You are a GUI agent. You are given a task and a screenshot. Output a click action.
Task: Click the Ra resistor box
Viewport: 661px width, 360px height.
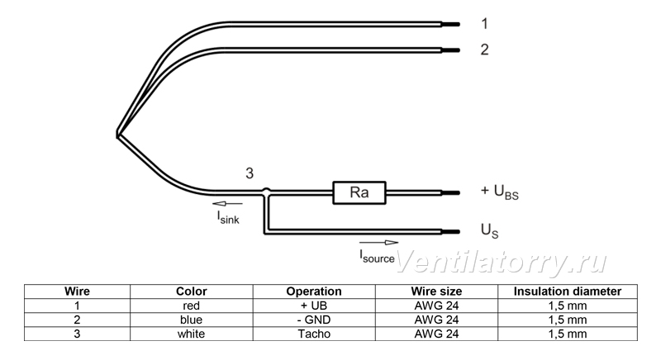pos(359,193)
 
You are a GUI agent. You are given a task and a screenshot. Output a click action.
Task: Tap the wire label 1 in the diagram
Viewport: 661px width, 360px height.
pos(485,24)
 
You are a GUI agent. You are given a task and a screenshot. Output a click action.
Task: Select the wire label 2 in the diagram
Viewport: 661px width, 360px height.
pos(485,50)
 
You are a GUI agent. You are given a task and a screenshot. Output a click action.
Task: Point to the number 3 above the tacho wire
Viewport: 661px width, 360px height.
pos(250,173)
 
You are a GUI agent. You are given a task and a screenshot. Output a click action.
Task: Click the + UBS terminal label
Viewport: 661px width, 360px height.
pos(500,192)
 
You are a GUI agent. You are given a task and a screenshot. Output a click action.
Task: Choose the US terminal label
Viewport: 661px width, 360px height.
pos(489,230)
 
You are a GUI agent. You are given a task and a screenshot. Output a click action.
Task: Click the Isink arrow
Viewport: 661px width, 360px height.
pos(227,204)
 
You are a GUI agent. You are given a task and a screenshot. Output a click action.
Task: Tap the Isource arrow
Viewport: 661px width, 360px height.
pos(378,243)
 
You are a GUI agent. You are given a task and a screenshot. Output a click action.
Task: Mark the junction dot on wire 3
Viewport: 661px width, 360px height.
pos(266,192)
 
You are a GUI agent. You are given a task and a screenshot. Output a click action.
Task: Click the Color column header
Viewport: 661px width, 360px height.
pos(192,291)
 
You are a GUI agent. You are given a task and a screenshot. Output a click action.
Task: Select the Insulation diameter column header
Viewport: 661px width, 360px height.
pos(568,291)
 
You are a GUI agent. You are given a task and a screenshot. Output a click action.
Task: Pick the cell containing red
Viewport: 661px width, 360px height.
pos(192,306)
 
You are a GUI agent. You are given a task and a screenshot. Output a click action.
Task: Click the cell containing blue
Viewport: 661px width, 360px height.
pos(192,320)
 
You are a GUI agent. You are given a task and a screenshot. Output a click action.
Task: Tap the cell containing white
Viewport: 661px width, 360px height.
pos(192,334)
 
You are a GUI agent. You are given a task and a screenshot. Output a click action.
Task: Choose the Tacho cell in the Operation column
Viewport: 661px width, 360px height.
pos(314,334)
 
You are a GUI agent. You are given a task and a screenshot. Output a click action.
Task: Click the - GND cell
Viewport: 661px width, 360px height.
pos(314,320)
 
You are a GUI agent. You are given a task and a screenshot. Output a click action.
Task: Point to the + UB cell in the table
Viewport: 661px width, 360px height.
pos(314,306)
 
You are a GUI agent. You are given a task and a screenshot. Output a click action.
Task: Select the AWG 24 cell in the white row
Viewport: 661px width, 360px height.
pos(436,334)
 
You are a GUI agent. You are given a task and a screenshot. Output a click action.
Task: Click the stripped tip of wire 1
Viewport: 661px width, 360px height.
pos(450,25)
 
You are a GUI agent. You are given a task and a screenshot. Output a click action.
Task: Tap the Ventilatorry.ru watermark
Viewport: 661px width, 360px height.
pos(502,262)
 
